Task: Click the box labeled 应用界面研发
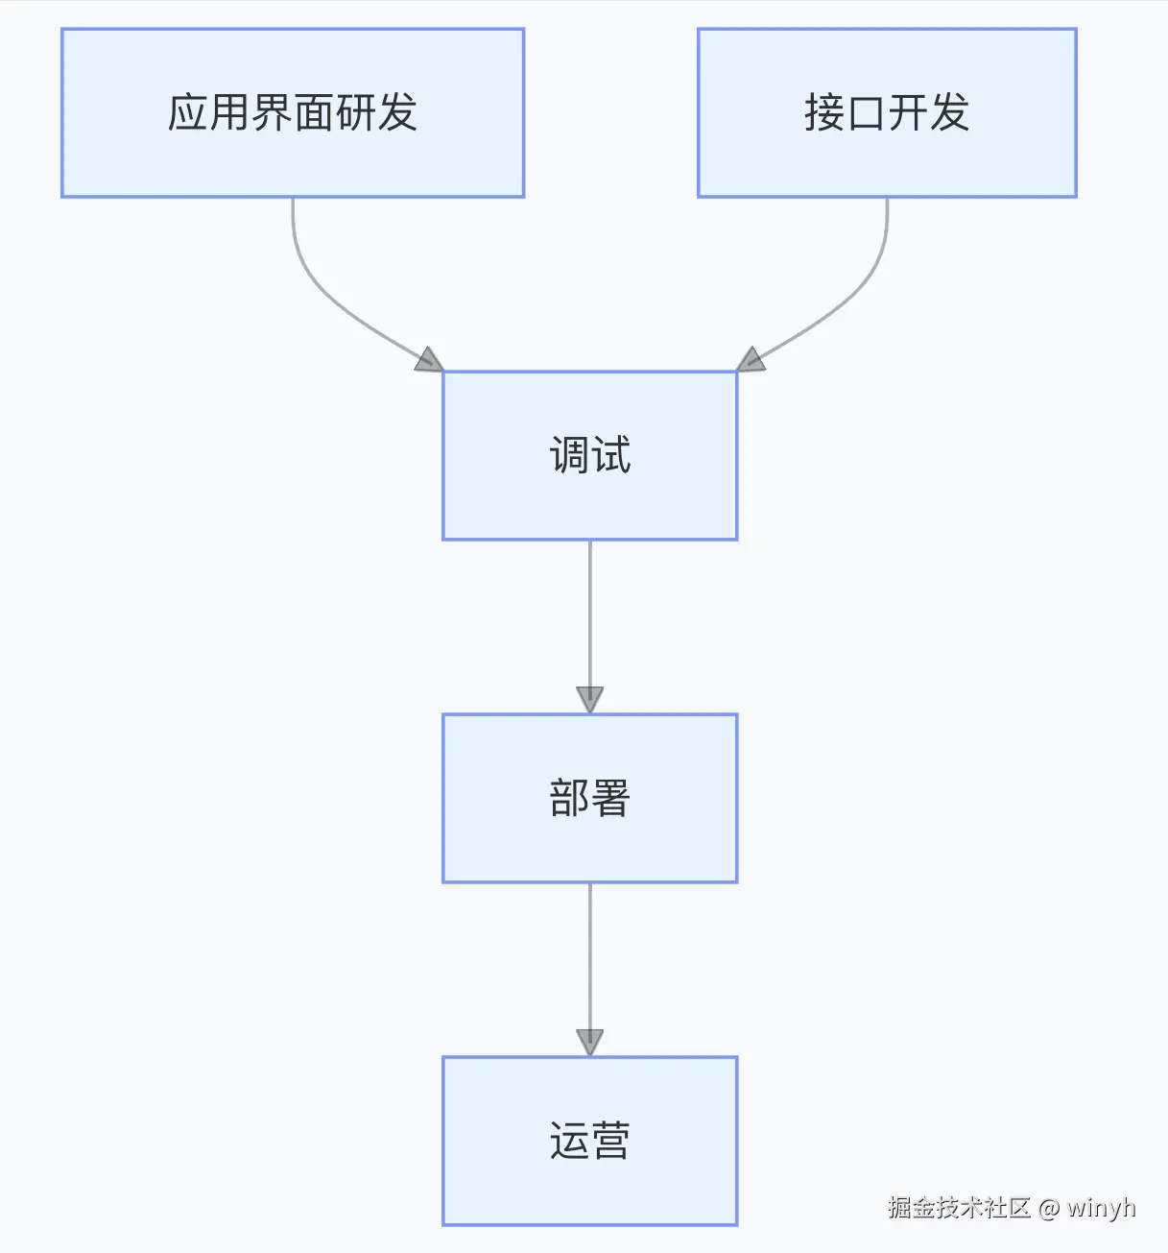click(293, 112)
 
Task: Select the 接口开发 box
click(887, 112)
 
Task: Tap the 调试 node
click(589, 455)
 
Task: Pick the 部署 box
click(589, 798)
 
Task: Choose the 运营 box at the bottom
click(589, 1141)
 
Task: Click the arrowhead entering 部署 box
click(589, 699)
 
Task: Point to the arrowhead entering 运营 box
click(589, 1042)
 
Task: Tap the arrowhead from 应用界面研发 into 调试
click(430, 360)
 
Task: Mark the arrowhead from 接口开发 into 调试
click(750, 360)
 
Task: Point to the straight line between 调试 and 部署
click(589, 614)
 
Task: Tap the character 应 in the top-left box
click(188, 112)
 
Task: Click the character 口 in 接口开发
click(866, 113)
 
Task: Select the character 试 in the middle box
click(610, 455)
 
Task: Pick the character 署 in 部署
click(610, 798)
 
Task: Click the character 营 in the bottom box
click(610, 1141)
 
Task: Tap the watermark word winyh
click(1101, 1207)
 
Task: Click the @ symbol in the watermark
click(1049, 1208)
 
